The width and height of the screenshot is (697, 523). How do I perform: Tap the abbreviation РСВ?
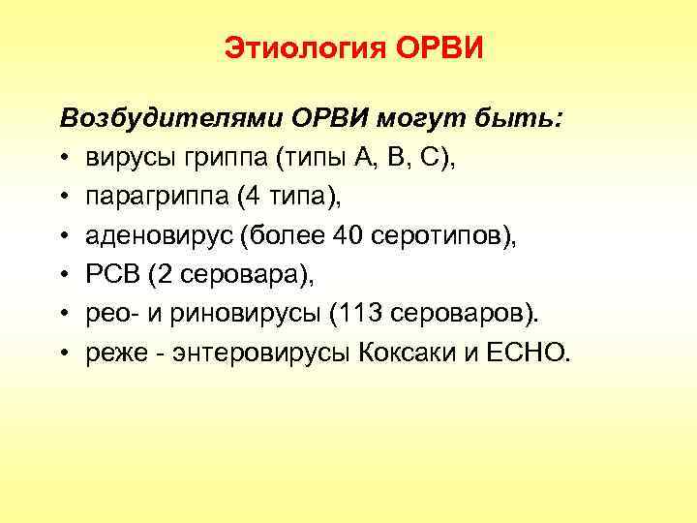tap(112, 276)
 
